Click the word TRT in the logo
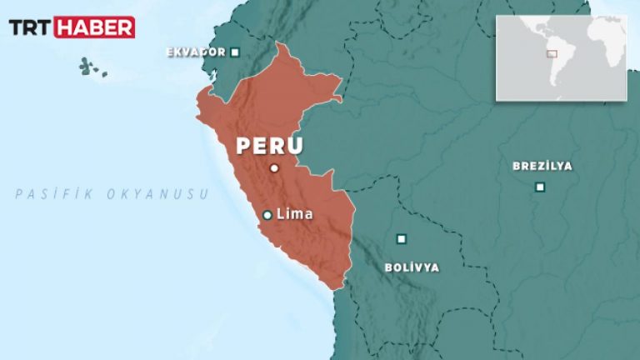[x=30, y=27]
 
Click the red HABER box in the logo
[x=94, y=27]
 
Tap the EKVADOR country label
[x=196, y=52]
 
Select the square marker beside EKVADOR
[x=235, y=52]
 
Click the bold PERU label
[x=269, y=145]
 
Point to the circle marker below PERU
[x=273, y=168]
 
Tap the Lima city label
[x=294, y=214]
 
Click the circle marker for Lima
[x=267, y=215]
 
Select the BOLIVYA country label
[x=412, y=267]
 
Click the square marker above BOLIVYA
[x=402, y=239]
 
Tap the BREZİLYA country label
[x=542, y=166]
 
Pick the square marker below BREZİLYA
[x=540, y=187]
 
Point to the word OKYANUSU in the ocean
[x=157, y=194]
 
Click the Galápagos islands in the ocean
[x=90, y=67]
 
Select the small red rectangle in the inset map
[x=552, y=54]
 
